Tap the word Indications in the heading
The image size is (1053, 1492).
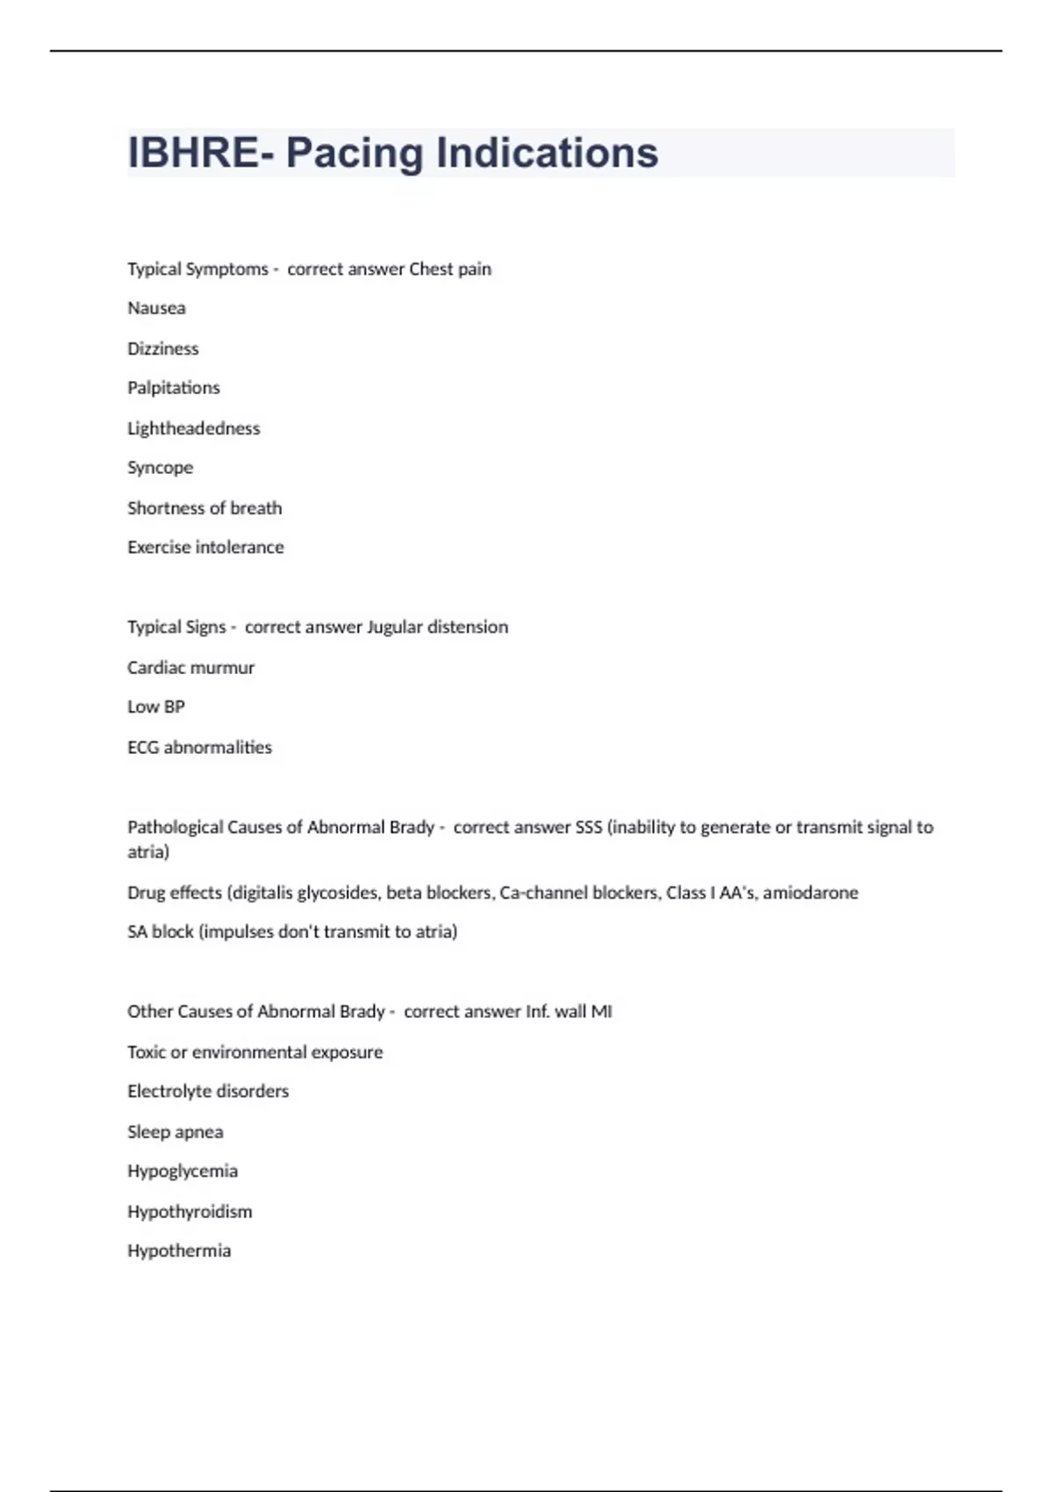click(x=547, y=153)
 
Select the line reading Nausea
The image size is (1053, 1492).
click(x=156, y=308)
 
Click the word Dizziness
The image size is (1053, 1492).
click(x=163, y=348)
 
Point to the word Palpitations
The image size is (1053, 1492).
click(x=174, y=388)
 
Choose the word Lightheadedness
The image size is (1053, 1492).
click(x=194, y=428)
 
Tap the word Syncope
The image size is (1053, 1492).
click(x=160, y=468)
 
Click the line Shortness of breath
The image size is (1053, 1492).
click(x=204, y=508)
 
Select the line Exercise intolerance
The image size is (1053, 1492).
click(x=205, y=548)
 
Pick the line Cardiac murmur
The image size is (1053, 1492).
click(x=190, y=668)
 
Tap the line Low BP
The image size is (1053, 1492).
click(x=156, y=707)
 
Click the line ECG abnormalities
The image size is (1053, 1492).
click(x=199, y=748)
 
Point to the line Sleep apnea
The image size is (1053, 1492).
click(x=175, y=1132)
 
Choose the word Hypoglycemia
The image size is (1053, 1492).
click(x=183, y=1172)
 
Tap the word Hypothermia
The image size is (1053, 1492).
click(x=179, y=1252)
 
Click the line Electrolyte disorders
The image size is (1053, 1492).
click(x=208, y=1092)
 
